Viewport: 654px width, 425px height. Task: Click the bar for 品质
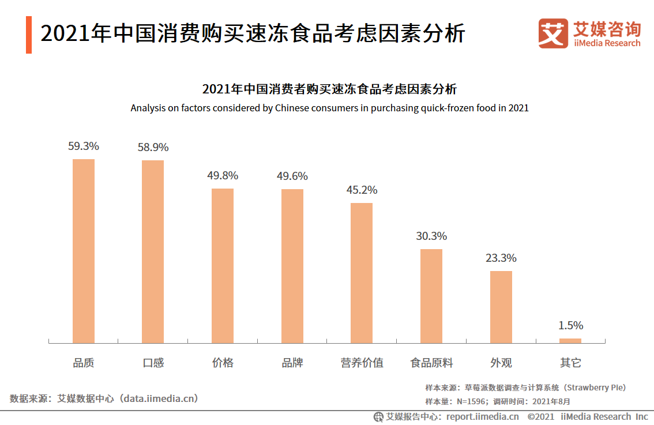pos(84,251)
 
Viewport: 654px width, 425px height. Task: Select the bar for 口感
pos(153,251)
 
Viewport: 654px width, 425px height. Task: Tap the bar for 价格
pos(223,266)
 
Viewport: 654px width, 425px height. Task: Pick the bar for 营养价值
pos(362,273)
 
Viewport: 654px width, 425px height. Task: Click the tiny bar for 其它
pos(570,341)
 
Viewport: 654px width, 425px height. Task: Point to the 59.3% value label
pos(84,146)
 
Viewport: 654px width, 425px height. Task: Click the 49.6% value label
pos(292,176)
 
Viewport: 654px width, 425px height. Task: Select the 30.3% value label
pos(431,236)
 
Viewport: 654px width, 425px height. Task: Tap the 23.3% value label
pos(501,258)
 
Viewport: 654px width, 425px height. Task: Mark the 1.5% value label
pos(570,326)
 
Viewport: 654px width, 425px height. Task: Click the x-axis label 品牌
pos(292,363)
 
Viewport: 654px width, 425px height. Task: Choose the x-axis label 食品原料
pos(431,363)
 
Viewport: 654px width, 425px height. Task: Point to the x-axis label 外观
pos(501,363)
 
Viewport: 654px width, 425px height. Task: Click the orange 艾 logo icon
pos(553,33)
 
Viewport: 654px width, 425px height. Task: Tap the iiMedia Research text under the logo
pos(607,43)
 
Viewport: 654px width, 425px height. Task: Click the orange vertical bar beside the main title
pos(29,35)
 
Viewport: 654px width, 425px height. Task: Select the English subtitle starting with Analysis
pos(329,108)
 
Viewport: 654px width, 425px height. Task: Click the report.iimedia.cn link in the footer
pos(482,416)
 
